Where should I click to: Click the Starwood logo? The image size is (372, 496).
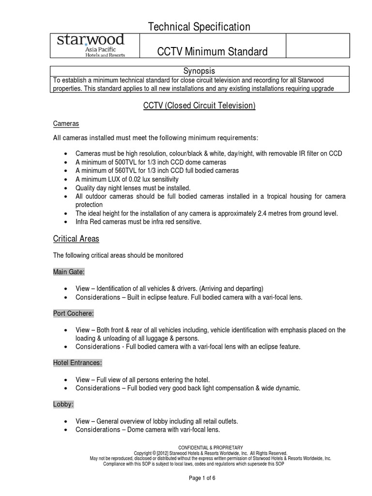[x=91, y=46]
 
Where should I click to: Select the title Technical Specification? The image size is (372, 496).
[x=199, y=27]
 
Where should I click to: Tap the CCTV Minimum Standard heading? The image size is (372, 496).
[x=213, y=51]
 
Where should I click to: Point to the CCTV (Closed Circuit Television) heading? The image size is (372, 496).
[x=199, y=105]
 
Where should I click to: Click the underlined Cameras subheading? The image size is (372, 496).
[x=66, y=124]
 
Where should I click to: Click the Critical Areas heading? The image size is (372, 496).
[x=76, y=239]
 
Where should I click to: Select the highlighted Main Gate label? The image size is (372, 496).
[x=69, y=272]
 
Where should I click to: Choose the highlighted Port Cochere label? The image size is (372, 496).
[x=74, y=313]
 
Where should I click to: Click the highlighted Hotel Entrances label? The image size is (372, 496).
[x=77, y=362]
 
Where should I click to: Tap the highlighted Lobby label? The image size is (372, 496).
[x=62, y=403]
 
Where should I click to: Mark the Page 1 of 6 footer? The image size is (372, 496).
[x=202, y=478]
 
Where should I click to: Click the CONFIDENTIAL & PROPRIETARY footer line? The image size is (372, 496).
[x=211, y=447]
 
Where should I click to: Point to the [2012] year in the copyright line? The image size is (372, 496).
[x=163, y=453]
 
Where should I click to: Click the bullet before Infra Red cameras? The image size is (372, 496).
[x=66, y=222]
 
